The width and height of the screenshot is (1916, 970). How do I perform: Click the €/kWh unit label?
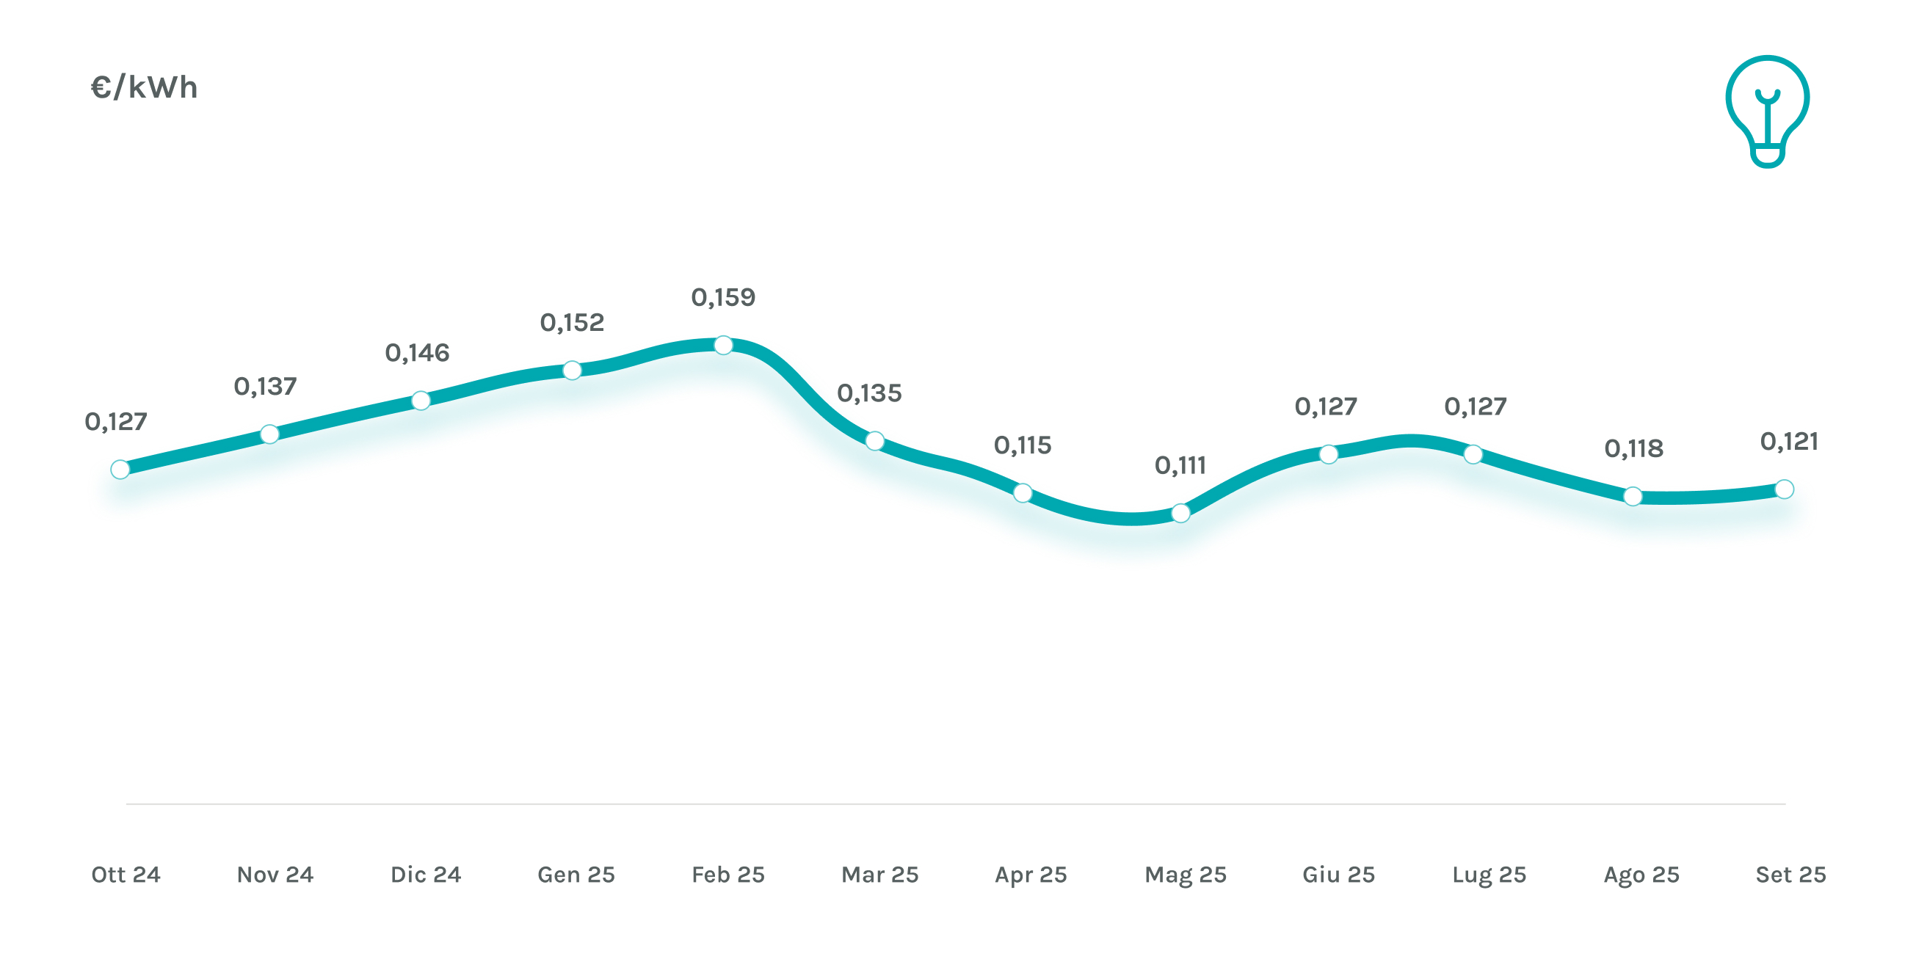pyautogui.click(x=144, y=88)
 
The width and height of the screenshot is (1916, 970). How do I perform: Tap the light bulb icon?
pyautogui.click(x=1767, y=111)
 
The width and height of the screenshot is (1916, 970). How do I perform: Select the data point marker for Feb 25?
pyautogui.click(x=723, y=345)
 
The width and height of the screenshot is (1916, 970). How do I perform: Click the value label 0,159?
pyautogui.click(x=723, y=297)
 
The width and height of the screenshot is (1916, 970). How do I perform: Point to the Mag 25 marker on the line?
pyautogui.click(x=1180, y=513)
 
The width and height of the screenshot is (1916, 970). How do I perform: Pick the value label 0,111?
pyautogui.click(x=1180, y=465)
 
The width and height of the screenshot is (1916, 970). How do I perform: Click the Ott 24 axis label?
pyautogui.click(x=126, y=874)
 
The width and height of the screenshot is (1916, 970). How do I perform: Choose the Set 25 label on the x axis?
pyautogui.click(x=1790, y=874)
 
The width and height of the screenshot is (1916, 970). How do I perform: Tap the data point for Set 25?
pyautogui.click(x=1784, y=489)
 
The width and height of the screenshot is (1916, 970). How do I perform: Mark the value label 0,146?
pyautogui.click(x=417, y=352)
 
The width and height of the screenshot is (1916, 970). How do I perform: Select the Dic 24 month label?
pyautogui.click(x=427, y=874)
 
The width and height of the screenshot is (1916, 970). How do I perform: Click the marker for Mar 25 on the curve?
pyautogui.click(x=875, y=441)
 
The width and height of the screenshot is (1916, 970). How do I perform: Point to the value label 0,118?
pyautogui.click(x=1633, y=448)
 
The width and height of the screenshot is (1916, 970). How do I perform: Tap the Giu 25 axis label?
pyautogui.click(x=1338, y=874)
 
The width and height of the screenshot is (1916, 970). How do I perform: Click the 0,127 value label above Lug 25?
pyautogui.click(x=1476, y=406)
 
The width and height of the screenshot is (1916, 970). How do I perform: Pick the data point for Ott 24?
pyautogui.click(x=120, y=469)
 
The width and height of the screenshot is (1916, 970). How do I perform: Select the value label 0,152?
pyautogui.click(x=572, y=323)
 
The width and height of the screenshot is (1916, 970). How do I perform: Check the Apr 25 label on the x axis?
pyautogui.click(x=1031, y=874)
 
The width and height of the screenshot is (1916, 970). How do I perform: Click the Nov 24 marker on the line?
pyautogui.click(x=270, y=434)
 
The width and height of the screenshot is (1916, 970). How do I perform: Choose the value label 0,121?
pyautogui.click(x=1789, y=442)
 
